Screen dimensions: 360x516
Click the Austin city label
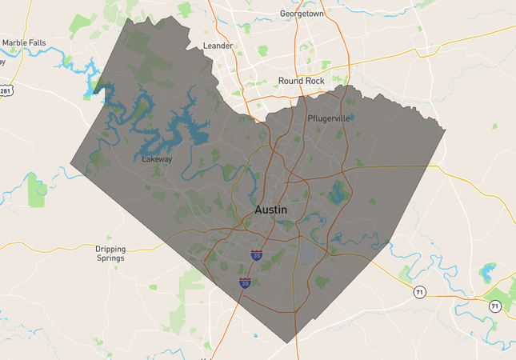point(270,209)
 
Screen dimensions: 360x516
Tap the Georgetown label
point(301,14)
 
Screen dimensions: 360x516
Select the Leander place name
point(218,46)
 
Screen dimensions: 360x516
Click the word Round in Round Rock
point(290,81)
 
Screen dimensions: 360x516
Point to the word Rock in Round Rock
point(314,81)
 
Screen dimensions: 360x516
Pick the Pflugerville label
point(329,118)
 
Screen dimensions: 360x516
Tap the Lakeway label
point(156,159)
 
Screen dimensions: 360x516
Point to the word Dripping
point(110,249)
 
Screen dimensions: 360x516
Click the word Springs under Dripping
point(110,258)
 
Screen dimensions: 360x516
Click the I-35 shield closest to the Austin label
point(256,255)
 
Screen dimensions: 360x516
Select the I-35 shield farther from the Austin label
point(245,282)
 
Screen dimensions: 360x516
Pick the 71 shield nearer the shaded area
point(419,292)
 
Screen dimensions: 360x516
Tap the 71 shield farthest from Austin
point(494,306)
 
